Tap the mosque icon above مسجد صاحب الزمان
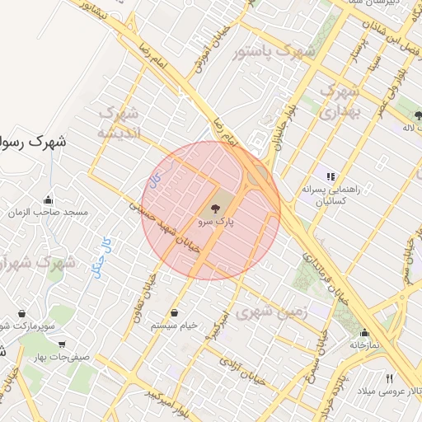[49, 199]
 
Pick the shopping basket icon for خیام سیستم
[175, 313]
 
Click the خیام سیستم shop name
[175, 326]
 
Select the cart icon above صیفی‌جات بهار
[63, 345]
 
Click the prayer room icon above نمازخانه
[363, 333]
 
